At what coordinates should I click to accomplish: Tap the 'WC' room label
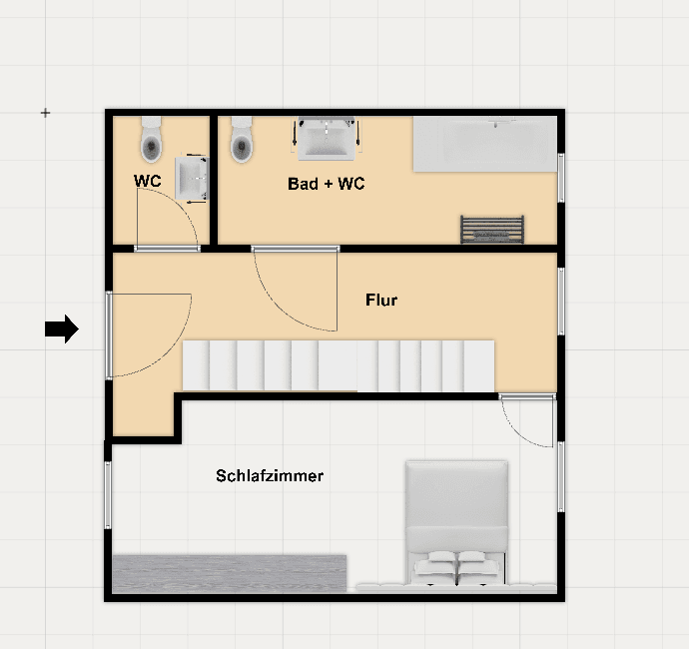click(148, 182)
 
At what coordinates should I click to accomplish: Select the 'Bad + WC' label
click(326, 184)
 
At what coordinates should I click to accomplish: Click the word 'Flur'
click(381, 300)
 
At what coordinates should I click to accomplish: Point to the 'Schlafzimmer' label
click(270, 476)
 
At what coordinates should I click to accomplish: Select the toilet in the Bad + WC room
click(242, 142)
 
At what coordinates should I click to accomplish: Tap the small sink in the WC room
click(192, 180)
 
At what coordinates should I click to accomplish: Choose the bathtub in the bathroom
click(484, 143)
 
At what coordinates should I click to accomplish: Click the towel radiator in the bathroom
click(491, 229)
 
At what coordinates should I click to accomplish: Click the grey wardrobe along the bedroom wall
click(229, 573)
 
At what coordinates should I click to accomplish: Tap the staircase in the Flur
click(339, 365)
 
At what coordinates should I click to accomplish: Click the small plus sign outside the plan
click(45, 114)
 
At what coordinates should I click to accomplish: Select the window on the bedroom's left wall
click(108, 495)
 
